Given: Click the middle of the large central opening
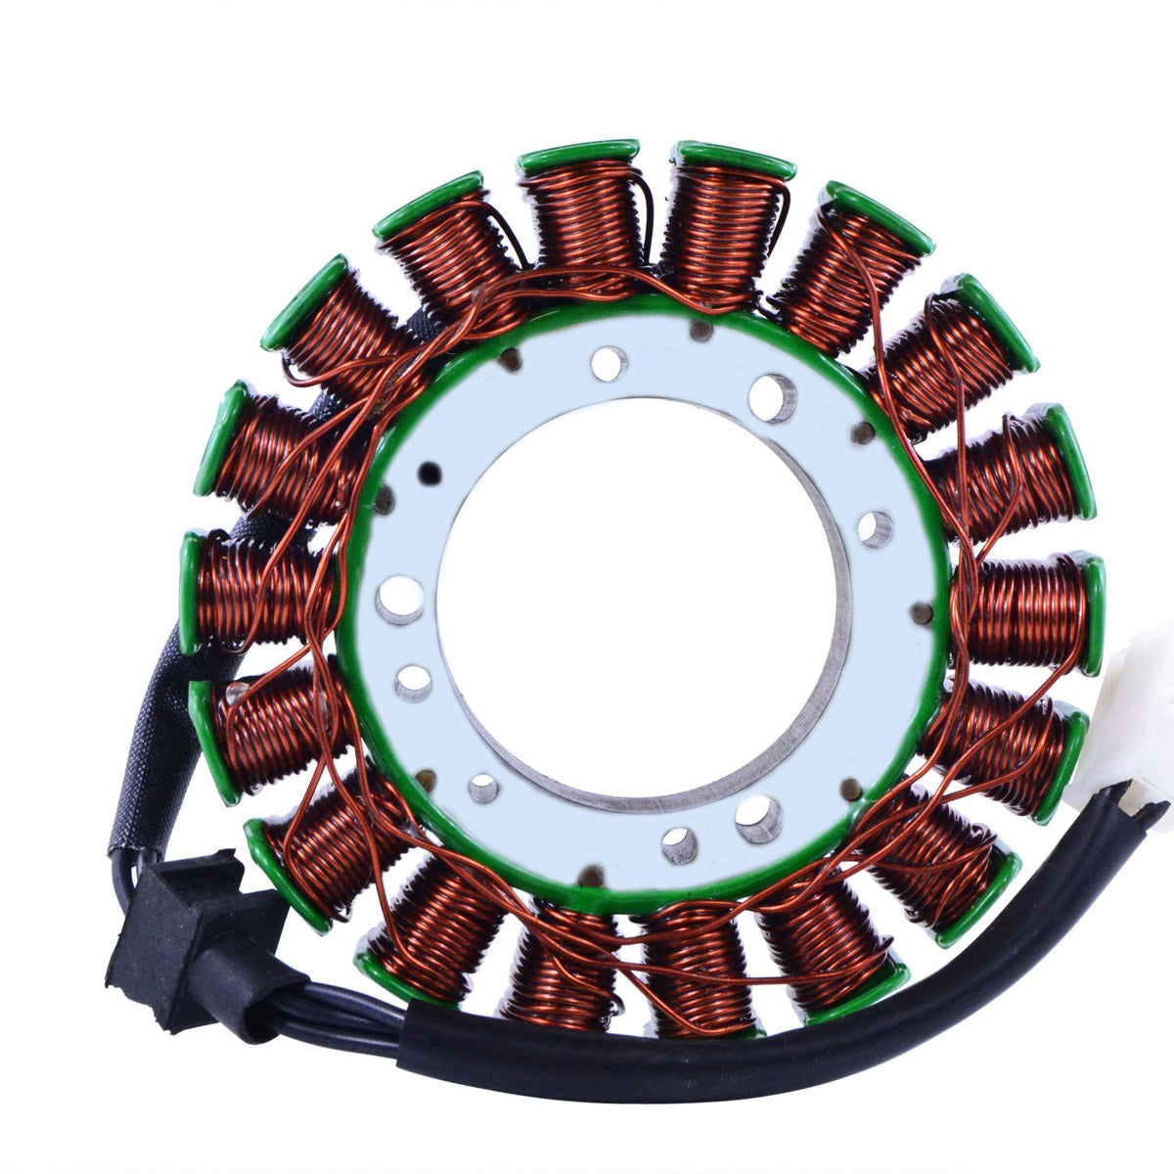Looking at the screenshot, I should [636, 597].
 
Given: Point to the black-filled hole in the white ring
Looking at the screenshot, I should [428, 473].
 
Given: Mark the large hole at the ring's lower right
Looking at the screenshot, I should [758, 817].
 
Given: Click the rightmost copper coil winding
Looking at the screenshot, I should [1027, 611].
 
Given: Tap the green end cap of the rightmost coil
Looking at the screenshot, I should [1093, 614].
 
